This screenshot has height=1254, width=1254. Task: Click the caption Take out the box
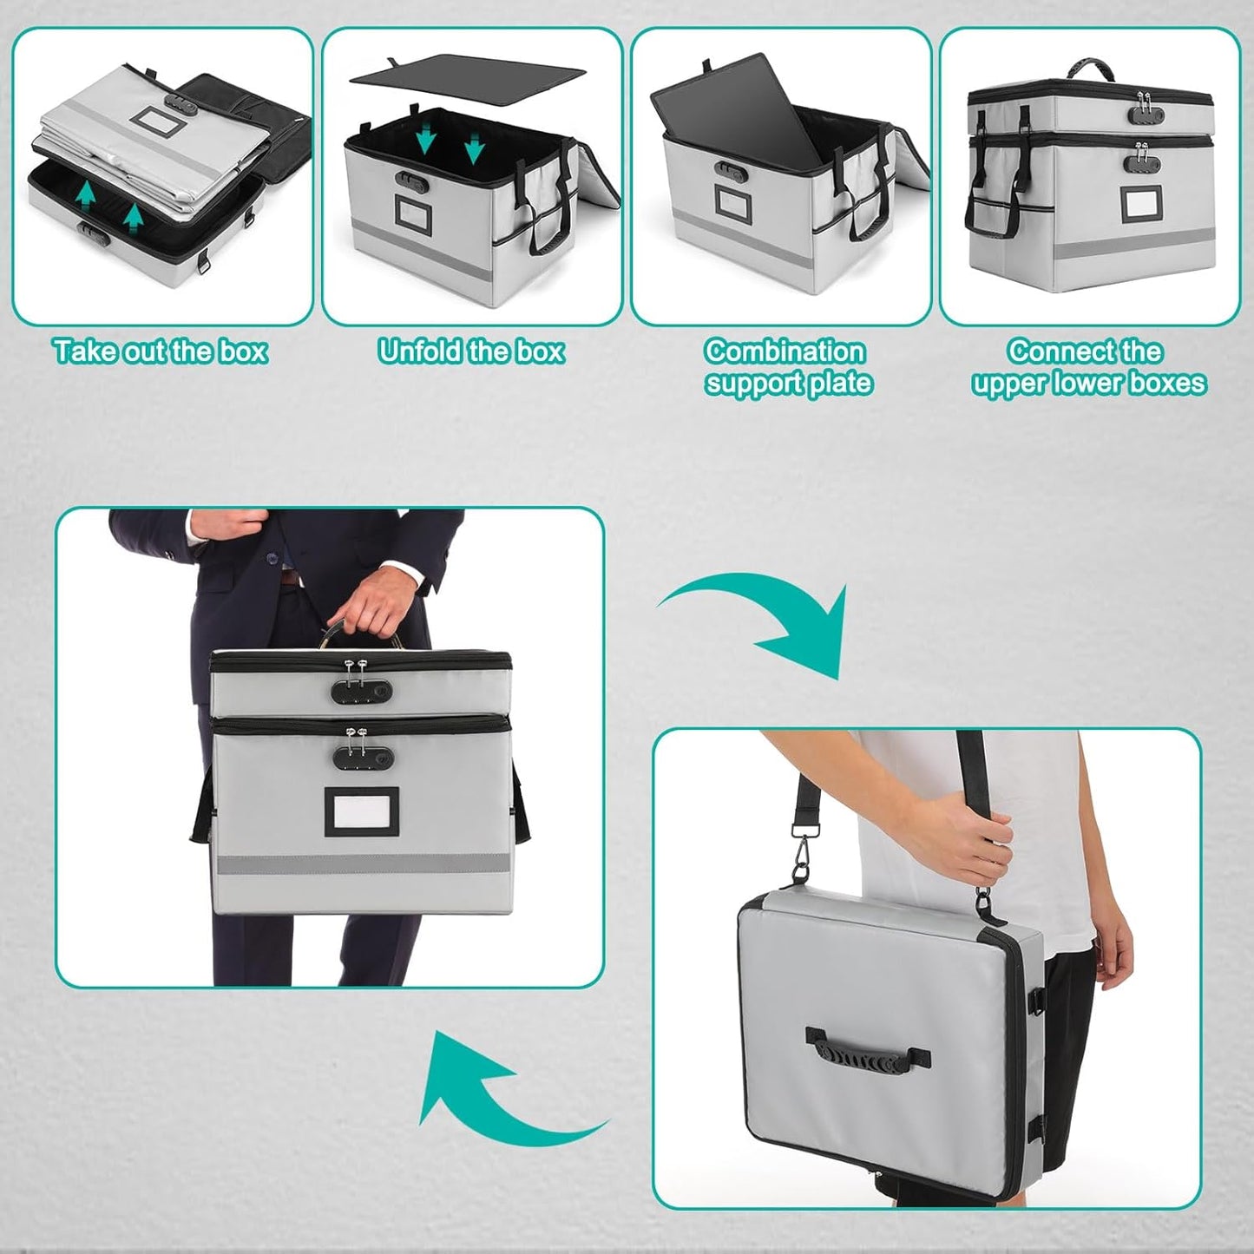click(x=161, y=351)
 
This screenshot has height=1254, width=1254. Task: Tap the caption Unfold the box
click(x=471, y=351)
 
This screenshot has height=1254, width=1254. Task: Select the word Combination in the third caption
click(x=785, y=351)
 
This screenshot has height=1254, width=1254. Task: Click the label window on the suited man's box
click(x=362, y=812)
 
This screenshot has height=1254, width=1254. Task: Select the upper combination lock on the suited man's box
click(x=361, y=690)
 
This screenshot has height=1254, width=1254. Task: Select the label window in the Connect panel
click(x=1140, y=205)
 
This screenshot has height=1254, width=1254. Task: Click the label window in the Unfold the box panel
click(x=414, y=213)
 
